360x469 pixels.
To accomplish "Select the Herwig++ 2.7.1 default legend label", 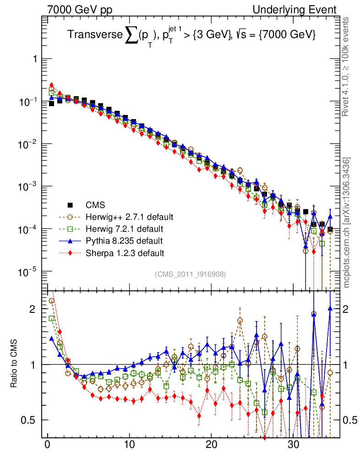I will coord(130,217).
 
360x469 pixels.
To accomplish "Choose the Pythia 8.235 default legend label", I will coord(124,240).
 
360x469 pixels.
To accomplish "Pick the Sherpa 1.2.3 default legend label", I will coord(125,252).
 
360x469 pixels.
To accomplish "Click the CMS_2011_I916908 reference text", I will coord(191,274).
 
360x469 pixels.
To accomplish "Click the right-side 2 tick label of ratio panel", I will coord(346,309).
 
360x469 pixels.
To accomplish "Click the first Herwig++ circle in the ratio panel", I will coord(51,301).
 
